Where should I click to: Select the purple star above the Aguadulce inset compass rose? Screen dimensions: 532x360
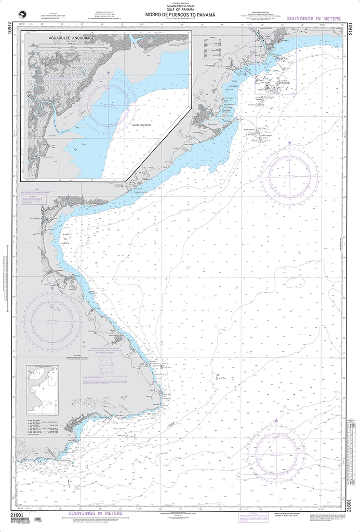[108, 73]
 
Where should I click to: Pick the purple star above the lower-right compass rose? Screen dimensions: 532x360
[276, 420]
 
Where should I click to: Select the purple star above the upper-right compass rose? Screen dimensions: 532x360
[289, 143]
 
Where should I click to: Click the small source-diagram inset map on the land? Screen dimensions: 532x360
[42, 382]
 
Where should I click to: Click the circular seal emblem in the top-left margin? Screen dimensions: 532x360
[21, 16]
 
